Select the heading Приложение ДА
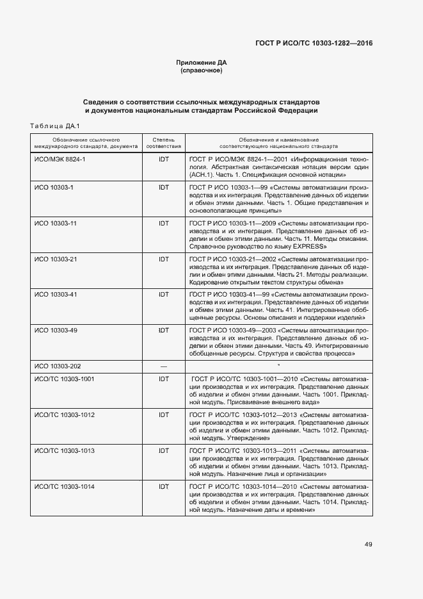[x=202, y=63]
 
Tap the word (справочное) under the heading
[x=202, y=70]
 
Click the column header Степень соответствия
[x=163, y=142]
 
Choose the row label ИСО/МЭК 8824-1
[x=60, y=158]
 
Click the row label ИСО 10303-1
[x=54, y=187]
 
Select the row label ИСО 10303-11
[x=56, y=223]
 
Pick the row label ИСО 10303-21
[x=56, y=259]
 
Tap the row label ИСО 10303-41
[x=56, y=294]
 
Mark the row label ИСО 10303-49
[x=56, y=330]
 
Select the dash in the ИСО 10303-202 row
[x=163, y=366]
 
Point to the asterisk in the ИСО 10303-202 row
[x=278, y=366]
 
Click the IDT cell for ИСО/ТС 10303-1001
[x=163, y=379]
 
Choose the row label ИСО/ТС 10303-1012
[x=65, y=415]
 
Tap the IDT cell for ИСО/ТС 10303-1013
[x=163, y=451]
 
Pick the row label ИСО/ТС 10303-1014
[x=65, y=487]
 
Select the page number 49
[x=369, y=545]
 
